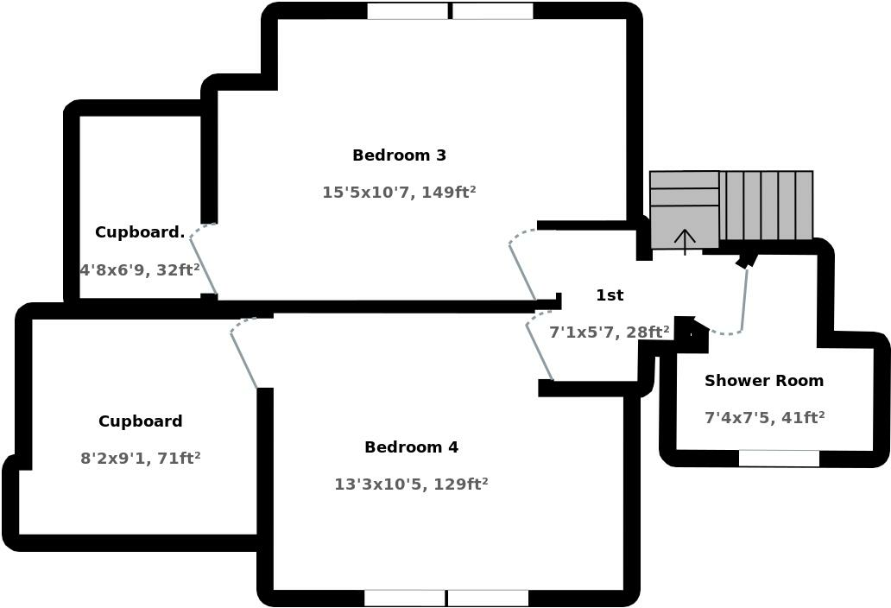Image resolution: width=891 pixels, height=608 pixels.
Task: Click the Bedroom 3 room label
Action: (x=399, y=155)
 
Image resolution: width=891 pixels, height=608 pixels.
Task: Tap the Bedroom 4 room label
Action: (x=411, y=447)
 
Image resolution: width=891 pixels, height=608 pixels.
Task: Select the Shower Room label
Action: (x=764, y=381)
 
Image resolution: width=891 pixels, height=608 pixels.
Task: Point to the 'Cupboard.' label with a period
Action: (x=140, y=232)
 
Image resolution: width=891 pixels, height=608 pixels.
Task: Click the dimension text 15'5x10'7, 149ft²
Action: (x=399, y=193)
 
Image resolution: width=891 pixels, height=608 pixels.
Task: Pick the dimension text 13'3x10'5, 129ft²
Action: (x=411, y=484)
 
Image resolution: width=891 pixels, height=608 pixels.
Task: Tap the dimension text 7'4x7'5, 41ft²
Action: (x=764, y=418)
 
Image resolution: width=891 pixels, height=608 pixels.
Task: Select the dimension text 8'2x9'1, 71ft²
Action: (x=141, y=459)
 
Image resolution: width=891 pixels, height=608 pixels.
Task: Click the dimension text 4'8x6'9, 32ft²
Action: (x=140, y=270)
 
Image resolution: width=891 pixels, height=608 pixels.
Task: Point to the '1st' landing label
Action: (x=610, y=295)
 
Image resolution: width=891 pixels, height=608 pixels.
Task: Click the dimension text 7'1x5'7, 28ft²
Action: (x=610, y=332)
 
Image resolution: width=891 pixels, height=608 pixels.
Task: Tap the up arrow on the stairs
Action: (x=685, y=241)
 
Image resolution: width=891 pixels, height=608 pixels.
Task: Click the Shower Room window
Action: (x=779, y=458)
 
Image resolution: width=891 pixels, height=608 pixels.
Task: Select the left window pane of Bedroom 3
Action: (x=408, y=11)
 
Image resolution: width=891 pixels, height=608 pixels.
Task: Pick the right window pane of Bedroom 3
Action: (x=492, y=11)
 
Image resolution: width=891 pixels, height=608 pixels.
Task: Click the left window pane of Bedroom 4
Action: (x=404, y=598)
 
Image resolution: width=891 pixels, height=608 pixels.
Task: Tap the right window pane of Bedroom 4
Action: (x=488, y=598)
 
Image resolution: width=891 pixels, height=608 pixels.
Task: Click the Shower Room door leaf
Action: (x=744, y=298)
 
